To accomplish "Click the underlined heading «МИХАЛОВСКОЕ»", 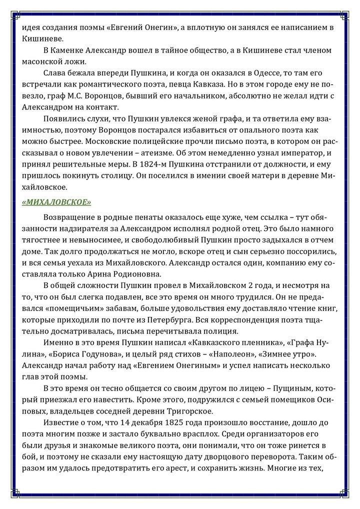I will coord(56,202).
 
